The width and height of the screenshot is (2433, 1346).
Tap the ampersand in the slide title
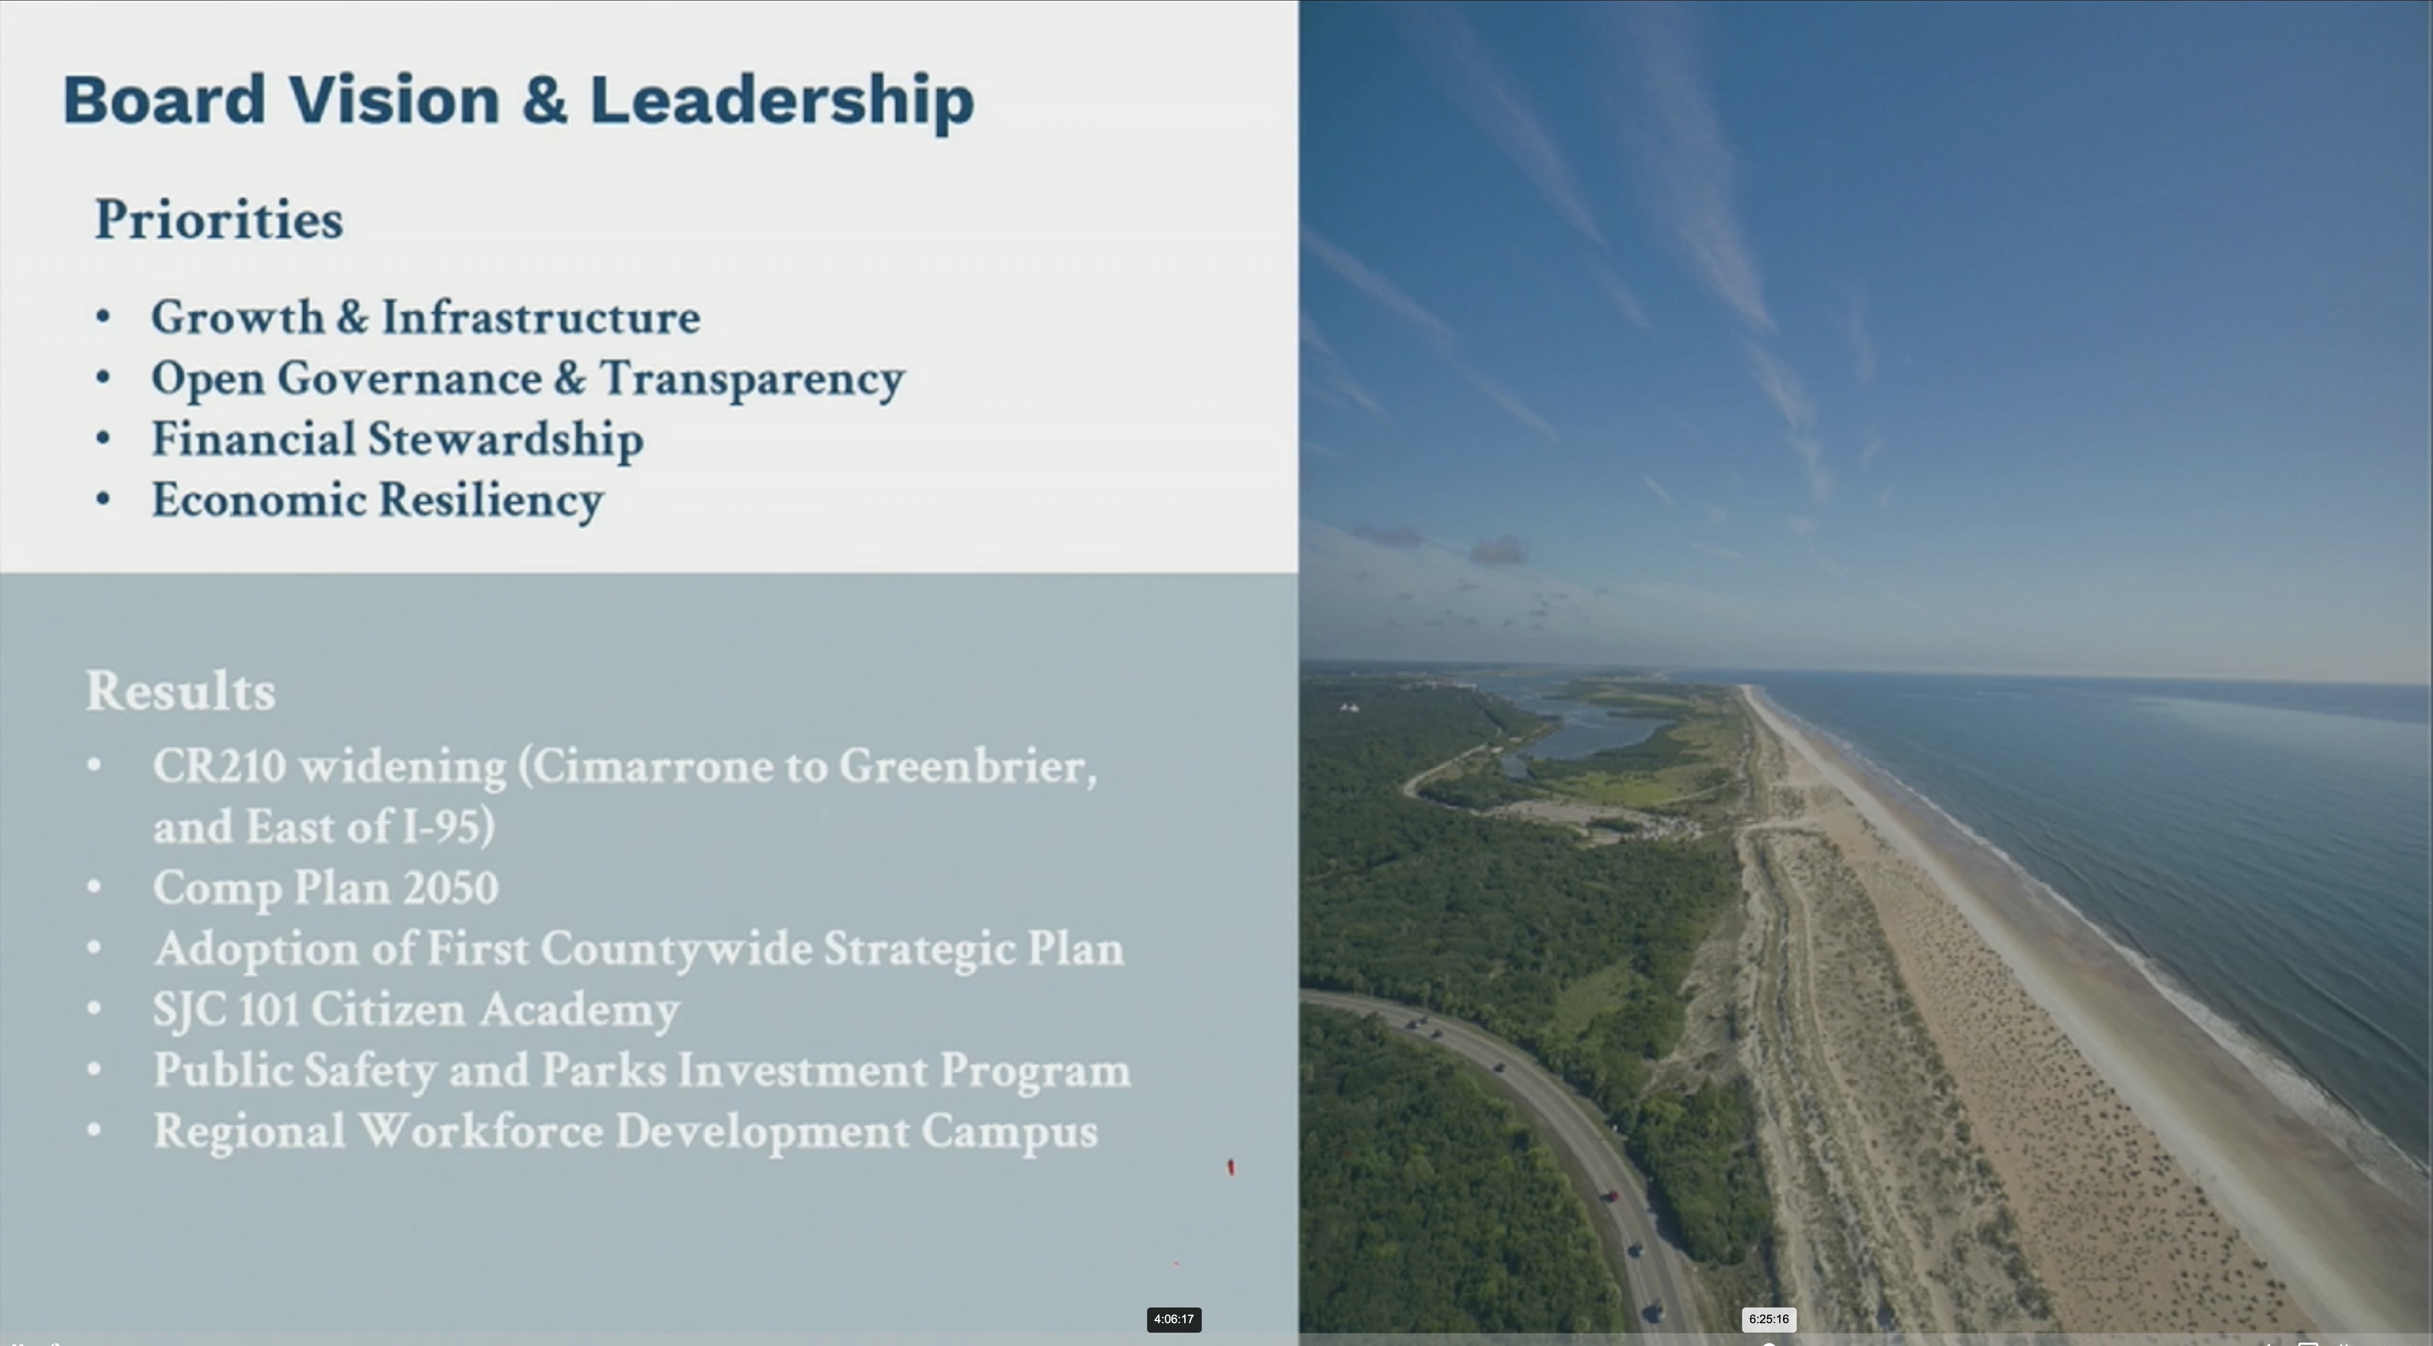pyautogui.click(x=544, y=99)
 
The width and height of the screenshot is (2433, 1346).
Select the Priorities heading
pyautogui.click(x=219, y=220)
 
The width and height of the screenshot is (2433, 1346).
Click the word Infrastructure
pyautogui.click(x=541, y=317)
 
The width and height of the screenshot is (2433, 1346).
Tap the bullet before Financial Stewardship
pyautogui.click(x=103, y=438)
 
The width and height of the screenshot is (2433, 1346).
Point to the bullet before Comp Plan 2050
pyautogui.click(x=94, y=887)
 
